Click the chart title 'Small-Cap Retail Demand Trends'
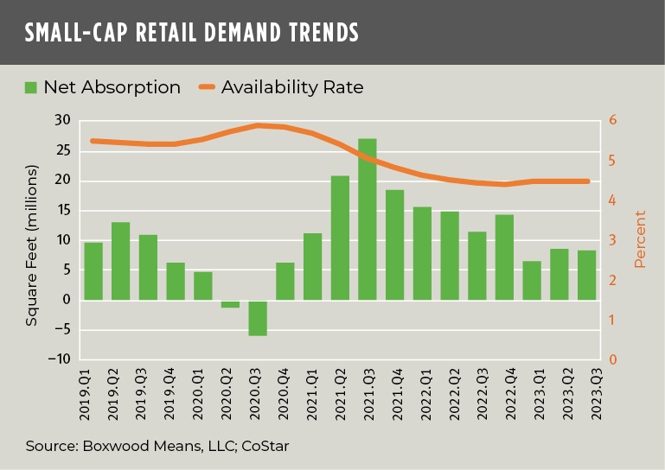[191, 34]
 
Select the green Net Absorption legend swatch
[31, 87]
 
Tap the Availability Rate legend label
[292, 87]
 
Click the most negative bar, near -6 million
[257, 318]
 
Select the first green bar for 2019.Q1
[93, 271]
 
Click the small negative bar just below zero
[229, 304]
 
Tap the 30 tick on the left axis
[61, 120]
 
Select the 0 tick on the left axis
[66, 301]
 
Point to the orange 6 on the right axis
[614, 120]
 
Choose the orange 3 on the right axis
[614, 240]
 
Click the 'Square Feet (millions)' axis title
[31, 245]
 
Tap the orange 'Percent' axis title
[640, 239]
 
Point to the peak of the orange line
[258, 125]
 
